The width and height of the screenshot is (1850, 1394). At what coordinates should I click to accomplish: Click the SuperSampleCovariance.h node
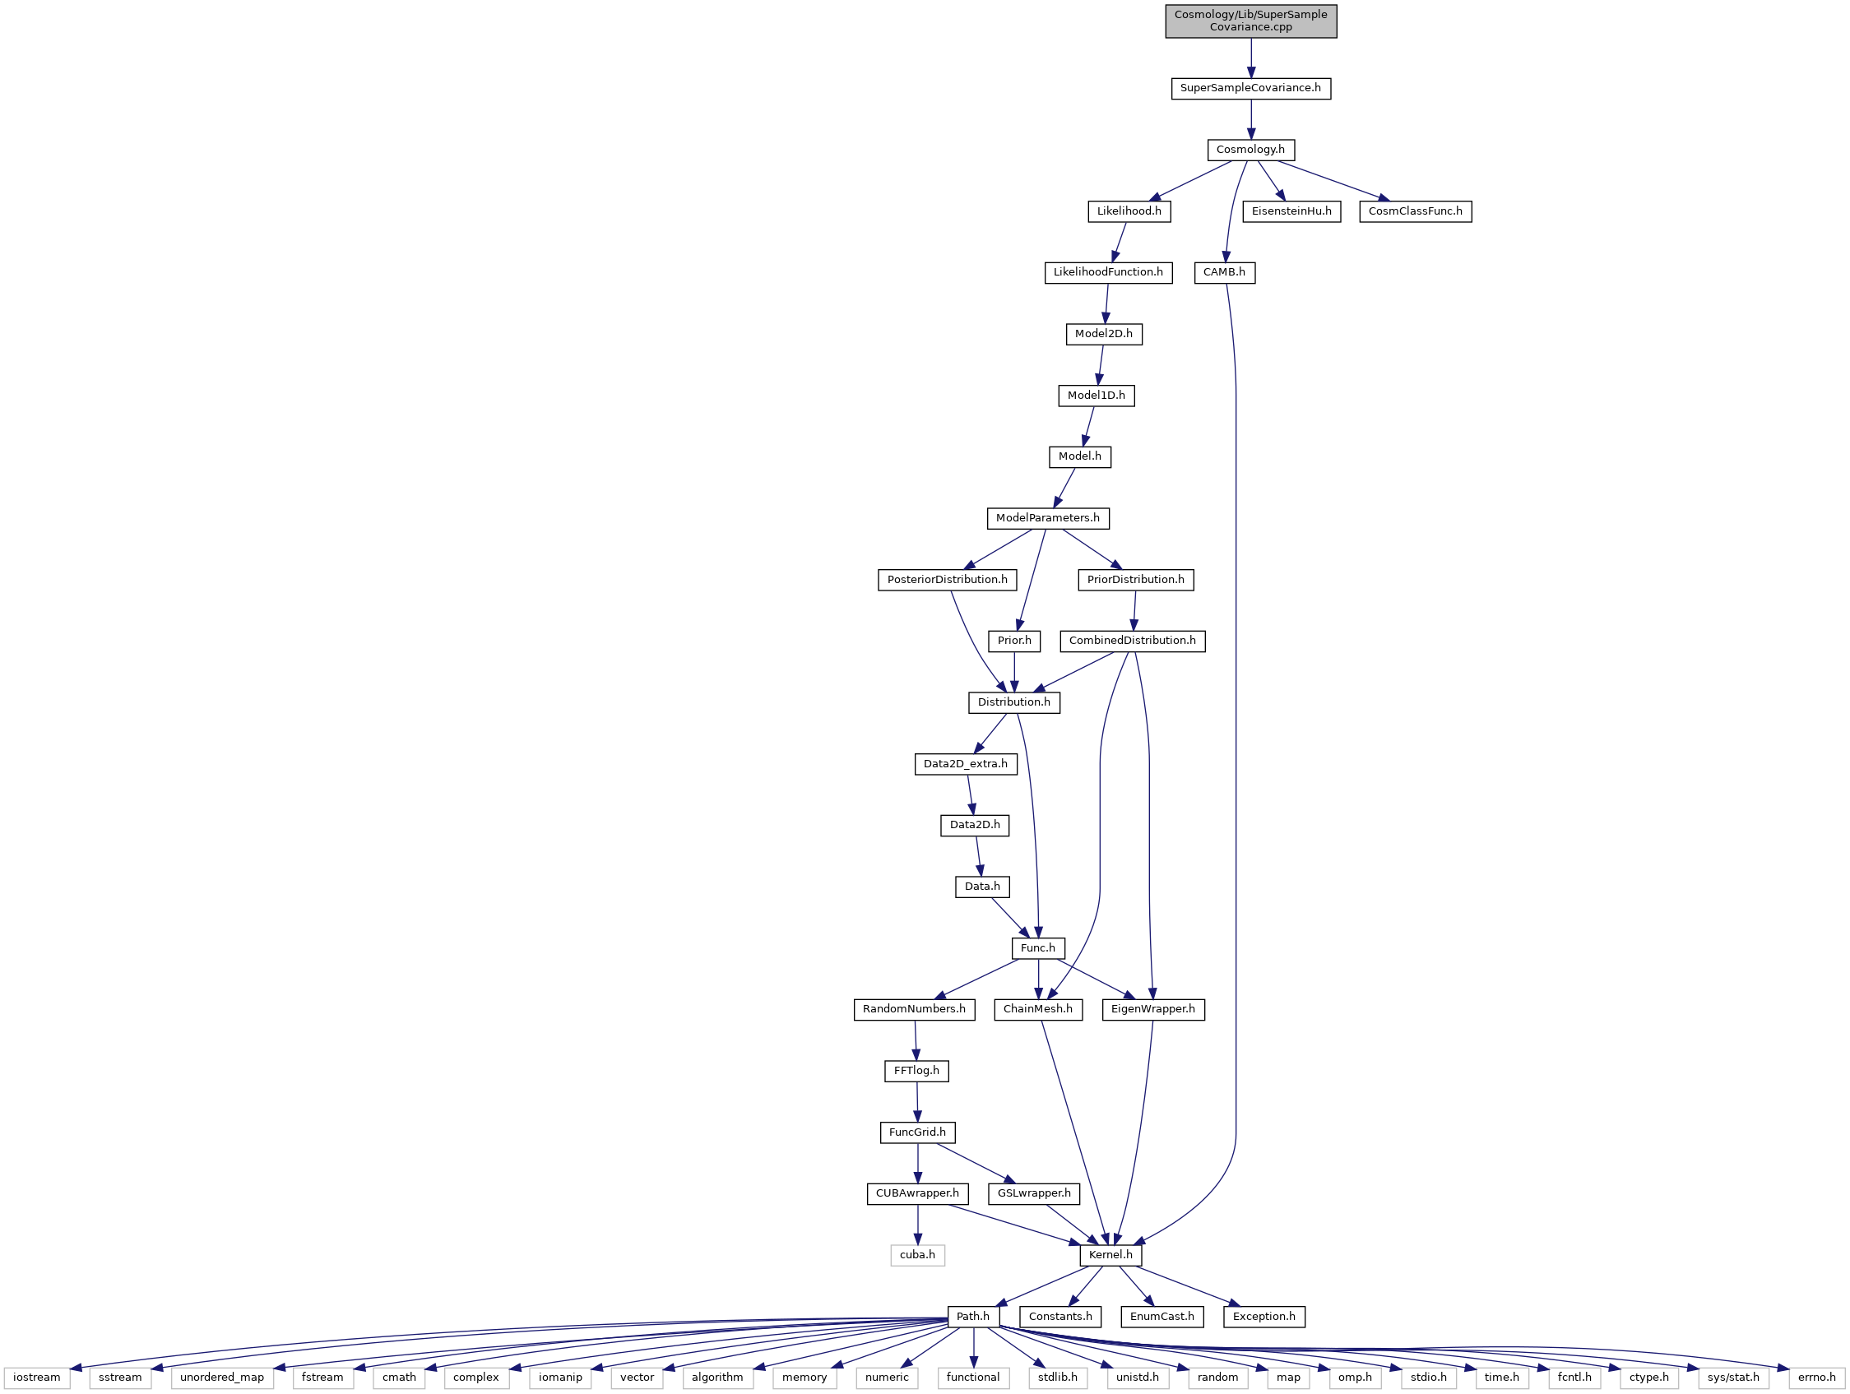click(1250, 88)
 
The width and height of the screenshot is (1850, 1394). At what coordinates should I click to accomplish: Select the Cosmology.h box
click(1250, 150)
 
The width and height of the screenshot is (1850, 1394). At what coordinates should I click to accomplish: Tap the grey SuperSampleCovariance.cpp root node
click(1250, 21)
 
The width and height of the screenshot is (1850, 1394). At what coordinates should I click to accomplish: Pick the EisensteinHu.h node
click(1291, 211)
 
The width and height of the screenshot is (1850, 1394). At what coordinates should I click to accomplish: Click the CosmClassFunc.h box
click(1415, 211)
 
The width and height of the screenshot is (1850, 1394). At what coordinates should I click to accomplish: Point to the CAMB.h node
click(1224, 271)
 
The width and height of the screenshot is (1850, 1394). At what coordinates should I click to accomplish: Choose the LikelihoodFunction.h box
click(1107, 271)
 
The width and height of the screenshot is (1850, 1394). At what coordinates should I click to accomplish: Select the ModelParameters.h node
click(1047, 517)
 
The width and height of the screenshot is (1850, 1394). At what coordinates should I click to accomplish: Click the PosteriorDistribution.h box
click(947, 580)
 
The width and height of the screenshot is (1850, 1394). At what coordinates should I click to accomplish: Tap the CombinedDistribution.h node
click(1133, 641)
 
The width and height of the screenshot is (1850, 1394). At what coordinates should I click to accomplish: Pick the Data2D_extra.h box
click(965, 763)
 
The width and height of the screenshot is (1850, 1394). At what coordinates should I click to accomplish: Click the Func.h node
click(1038, 947)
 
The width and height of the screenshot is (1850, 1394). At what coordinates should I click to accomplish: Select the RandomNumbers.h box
click(913, 1009)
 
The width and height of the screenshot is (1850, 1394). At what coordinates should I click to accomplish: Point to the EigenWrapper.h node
click(1153, 1009)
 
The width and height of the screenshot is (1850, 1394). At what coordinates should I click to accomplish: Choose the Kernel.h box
click(1110, 1255)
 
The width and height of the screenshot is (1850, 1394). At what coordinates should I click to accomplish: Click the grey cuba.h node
click(917, 1255)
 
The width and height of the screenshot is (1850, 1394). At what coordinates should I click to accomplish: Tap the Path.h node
click(972, 1316)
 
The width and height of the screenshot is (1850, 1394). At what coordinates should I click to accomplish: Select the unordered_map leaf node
click(221, 1378)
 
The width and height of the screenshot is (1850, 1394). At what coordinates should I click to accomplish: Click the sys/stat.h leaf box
click(1733, 1378)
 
